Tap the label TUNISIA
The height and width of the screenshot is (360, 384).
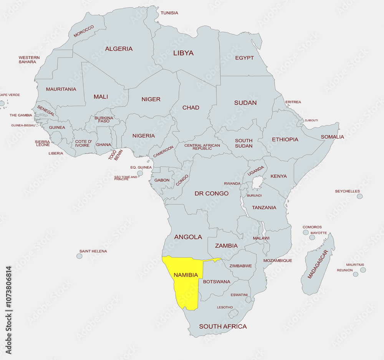click(169, 13)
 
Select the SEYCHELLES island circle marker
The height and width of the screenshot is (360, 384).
click(359, 196)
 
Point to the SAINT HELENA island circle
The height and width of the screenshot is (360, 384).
click(79, 256)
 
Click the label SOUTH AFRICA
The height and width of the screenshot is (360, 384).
click(223, 327)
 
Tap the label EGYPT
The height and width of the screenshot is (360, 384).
click(245, 58)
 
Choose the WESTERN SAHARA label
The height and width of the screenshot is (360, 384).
click(29, 59)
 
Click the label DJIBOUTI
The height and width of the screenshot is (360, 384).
click(311, 121)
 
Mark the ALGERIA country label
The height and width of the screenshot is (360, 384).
click(119, 49)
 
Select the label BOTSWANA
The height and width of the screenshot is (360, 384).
click(217, 282)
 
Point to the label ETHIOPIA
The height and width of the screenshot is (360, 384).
click(285, 140)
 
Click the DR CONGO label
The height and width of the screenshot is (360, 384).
click(212, 193)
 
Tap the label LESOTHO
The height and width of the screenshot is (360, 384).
click(225, 307)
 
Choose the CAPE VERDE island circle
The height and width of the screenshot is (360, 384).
click(2, 103)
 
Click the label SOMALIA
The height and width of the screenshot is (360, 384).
click(333, 137)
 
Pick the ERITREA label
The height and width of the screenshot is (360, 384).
click(293, 102)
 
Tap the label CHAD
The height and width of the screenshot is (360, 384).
click(191, 108)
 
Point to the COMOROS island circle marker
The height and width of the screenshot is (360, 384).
click(306, 232)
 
